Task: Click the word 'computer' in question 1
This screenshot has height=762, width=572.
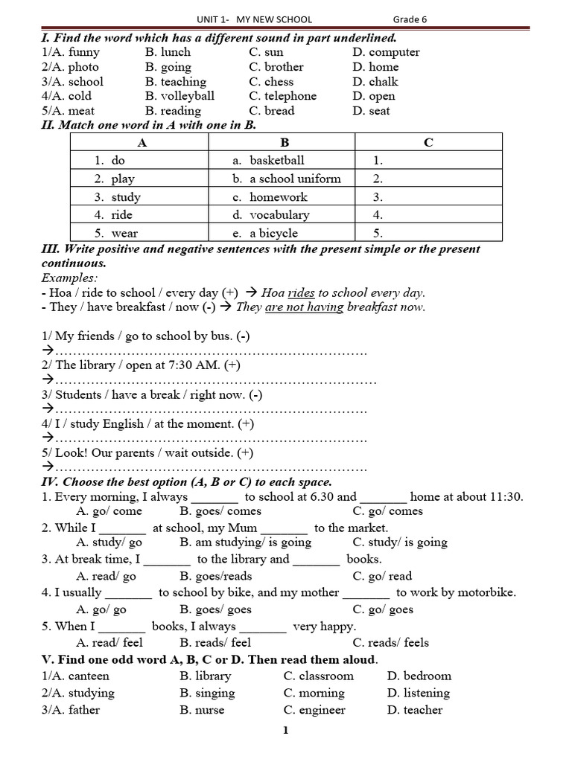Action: point(394,52)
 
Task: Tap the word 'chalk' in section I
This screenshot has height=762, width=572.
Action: point(384,82)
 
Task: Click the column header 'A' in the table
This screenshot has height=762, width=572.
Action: point(142,143)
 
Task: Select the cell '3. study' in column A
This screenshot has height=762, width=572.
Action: point(118,197)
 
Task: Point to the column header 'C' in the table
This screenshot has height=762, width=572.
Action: point(428,143)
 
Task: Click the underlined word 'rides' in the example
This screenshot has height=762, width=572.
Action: point(301,292)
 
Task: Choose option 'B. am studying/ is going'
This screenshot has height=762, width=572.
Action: point(245,542)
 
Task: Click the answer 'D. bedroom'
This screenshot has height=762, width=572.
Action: point(419,676)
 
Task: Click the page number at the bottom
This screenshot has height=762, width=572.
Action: point(285,730)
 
